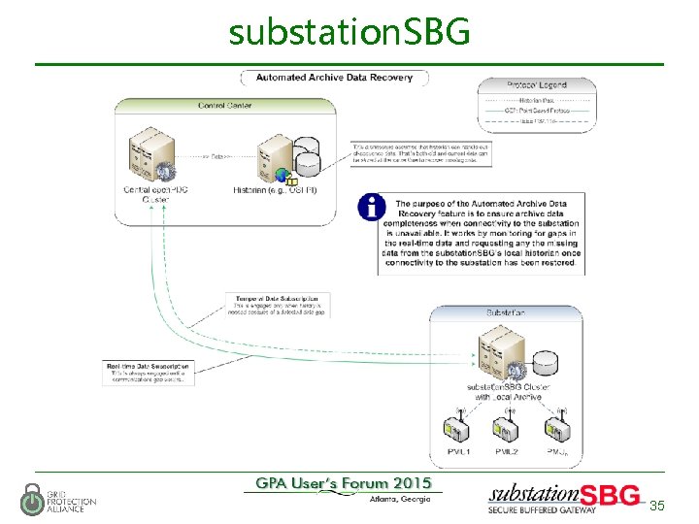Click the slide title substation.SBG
349,32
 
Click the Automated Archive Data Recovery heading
334,78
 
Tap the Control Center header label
225,105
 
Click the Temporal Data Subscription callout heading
277,298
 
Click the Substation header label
506,312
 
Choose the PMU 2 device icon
507,426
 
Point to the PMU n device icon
556,426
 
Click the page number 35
657,506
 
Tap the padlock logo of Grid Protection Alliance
32,498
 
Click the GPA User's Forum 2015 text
344,483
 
